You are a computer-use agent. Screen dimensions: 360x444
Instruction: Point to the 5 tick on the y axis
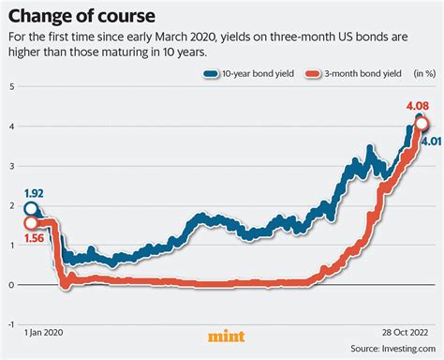(11, 86)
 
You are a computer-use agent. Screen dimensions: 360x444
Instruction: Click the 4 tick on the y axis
(11, 126)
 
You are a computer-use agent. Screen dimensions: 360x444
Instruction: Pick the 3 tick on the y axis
(11, 166)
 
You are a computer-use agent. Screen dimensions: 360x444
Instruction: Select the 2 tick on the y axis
(11, 205)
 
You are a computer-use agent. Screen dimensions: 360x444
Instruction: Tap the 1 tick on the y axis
(11, 245)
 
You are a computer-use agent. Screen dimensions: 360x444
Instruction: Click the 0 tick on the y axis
(11, 285)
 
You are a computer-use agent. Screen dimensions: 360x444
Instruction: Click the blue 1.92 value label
(35, 193)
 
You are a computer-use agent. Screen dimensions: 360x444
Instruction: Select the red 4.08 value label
(418, 108)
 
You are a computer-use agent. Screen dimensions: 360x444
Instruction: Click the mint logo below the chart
(222, 336)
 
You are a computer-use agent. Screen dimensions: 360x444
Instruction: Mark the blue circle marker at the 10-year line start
(32, 209)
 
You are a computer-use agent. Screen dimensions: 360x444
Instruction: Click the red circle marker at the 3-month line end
(422, 124)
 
